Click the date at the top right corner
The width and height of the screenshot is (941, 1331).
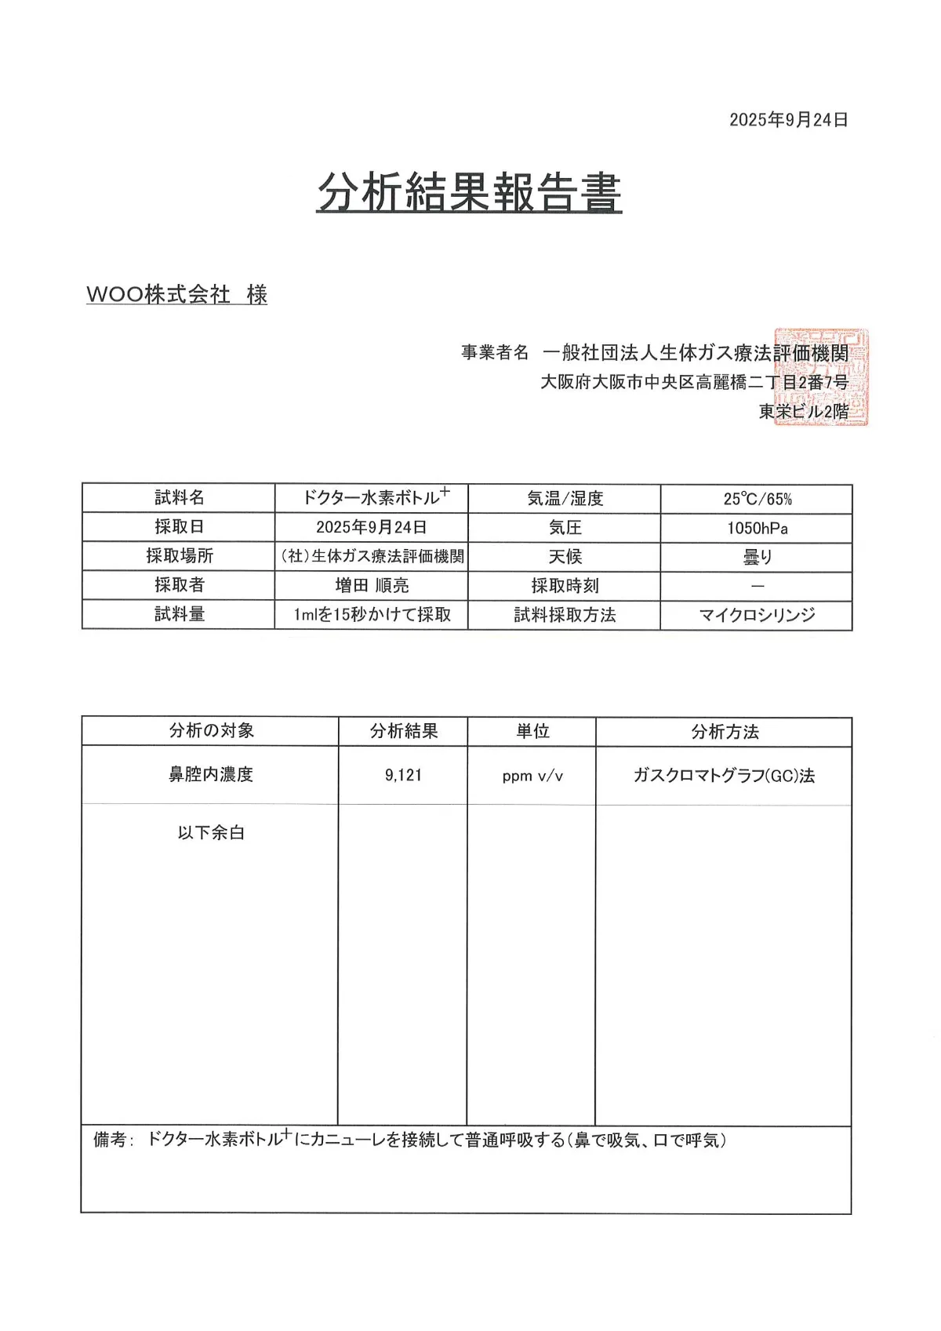pyautogui.click(x=788, y=120)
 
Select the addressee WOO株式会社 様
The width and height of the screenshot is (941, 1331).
pyautogui.click(x=177, y=295)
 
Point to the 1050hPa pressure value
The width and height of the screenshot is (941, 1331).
pyautogui.click(x=757, y=528)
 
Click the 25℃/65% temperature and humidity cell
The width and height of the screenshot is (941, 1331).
pyautogui.click(x=757, y=499)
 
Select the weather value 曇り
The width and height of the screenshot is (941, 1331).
pyautogui.click(x=757, y=557)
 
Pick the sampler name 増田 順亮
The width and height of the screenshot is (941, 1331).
pyautogui.click(x=372, y=585)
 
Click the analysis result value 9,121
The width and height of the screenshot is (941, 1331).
pyautogui.click(x=403, y=775)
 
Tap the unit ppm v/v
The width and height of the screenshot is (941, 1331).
pyautogui.click(x=532, y=776)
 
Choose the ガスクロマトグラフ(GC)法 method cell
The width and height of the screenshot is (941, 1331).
pyautogui.click(x=724, y=776)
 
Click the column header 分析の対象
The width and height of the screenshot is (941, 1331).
pyautogui.click(x=211, y=731)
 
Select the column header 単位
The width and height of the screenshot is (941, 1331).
pyautogui.click(x=532, y=731)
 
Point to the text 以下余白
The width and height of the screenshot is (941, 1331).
pyautogui.click(x=211, y=833)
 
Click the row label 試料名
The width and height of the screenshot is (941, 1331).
pyautogui.click(x=179, y=498)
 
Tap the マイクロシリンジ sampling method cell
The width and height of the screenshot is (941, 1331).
pyautogui.click(x=757, y=615)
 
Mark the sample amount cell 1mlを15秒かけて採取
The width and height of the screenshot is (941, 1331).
pyautogui.click(x=372, y=614)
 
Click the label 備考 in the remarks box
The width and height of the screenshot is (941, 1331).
pyautogui.click(x=111, y=1140)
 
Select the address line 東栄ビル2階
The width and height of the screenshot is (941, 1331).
pyautogui.click(x=803, y=411)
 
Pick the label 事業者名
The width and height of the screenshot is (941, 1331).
pyautogui.click(x=495, y=353)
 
